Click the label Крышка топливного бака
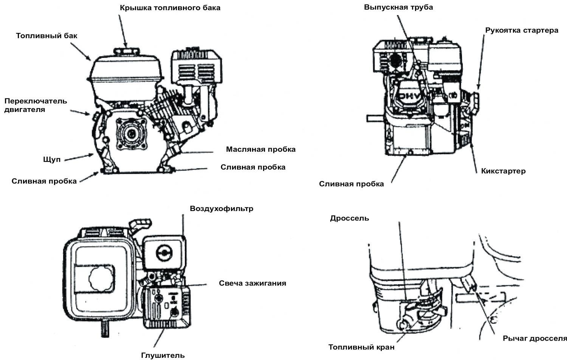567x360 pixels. [170, 8]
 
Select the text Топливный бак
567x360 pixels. [46, 36]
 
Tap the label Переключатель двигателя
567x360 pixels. [36, 105]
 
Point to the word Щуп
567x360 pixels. [52, 160]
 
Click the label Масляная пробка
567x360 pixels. [261, 149]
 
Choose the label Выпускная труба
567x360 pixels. [398, 7]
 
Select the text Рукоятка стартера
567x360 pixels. [522, 30]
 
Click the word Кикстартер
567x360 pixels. [503, 171]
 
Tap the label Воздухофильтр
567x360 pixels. [222, 209]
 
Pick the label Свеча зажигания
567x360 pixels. [253, 283]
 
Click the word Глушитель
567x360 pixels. [163, 355]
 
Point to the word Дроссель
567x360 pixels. [349, 218]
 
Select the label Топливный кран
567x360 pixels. [361, 347]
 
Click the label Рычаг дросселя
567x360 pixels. [534, 338]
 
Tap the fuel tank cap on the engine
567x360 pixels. [126, 52]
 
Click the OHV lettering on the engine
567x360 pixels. [409, 96]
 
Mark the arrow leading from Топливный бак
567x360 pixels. [81, 52]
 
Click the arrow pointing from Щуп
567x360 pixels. [79, 157]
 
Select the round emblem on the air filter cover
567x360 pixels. [164, 253]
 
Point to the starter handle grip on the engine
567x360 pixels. [475, 103]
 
